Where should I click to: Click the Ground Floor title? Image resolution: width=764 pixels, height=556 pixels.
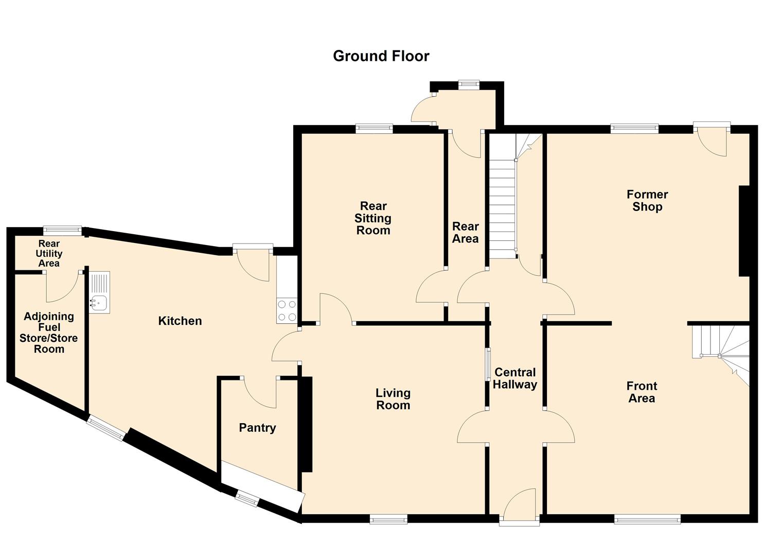tap(381, 56)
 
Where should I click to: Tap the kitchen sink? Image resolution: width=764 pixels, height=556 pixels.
tap(99, 303)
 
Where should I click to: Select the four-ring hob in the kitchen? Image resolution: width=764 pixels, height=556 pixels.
tap(287, 311)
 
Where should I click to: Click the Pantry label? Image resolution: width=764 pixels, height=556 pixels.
tap(257, 428)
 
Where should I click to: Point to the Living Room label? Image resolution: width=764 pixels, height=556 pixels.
tap(393, 399)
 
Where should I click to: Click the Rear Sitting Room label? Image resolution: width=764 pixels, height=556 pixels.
tap(373, 218)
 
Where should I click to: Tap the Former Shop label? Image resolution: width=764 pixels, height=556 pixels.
tap(647, 200)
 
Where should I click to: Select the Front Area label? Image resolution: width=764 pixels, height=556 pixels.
tap(642, 392)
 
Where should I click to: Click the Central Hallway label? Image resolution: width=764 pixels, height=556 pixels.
tap(515, 378)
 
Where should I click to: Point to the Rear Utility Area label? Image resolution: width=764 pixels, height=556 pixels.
tap(49, 253)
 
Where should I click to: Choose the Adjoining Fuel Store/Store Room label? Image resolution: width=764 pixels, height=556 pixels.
tap(49, 333)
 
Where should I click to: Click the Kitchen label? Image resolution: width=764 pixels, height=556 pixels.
tap(180, 321)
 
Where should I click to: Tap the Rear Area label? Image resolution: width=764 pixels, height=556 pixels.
tap(465, 232)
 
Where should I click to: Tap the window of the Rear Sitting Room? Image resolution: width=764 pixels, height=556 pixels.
tap(374, 129)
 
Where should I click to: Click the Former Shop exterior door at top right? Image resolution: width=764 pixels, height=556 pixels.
tap(713, 139)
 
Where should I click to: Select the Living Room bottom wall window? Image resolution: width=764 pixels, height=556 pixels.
tap(388, 520)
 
